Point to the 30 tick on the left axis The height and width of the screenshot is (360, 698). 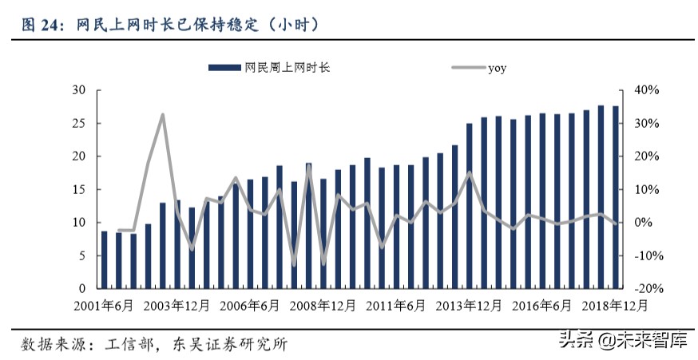coord(79,90)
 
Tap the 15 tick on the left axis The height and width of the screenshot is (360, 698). coord(79,189)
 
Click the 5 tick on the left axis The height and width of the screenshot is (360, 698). coord(82,255)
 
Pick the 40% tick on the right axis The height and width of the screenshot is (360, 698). coord(646,90)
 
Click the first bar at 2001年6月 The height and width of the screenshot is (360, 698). coord(104,259)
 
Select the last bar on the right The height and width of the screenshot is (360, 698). coord(616,197)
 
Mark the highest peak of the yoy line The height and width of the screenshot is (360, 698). coord(163,115)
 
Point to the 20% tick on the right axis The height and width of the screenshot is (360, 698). coord(644,156)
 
